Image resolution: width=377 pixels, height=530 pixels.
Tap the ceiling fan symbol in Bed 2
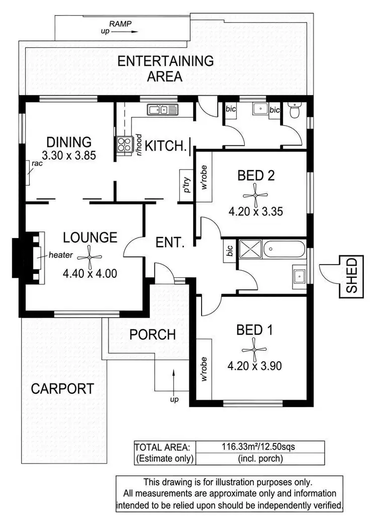point(255,194)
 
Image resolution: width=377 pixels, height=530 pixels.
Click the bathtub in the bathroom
point(284,249)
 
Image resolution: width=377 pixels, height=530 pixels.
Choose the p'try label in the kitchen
point(186,185)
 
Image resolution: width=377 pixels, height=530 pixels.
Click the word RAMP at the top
point(120,24)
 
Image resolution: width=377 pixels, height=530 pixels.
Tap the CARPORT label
point(62,389)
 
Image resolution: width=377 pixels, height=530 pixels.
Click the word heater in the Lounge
point(62,255)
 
